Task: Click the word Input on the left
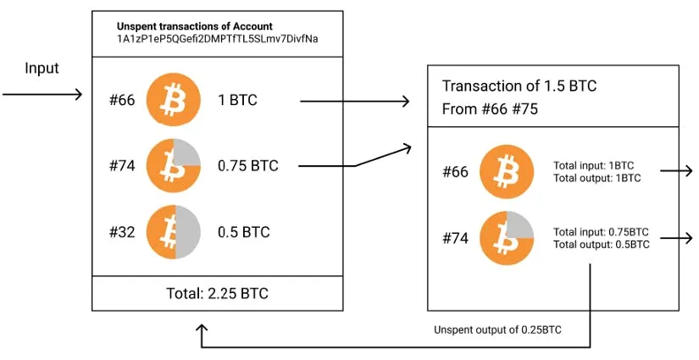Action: pos(42,69)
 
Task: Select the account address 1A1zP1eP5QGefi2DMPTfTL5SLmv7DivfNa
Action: pos(217,39)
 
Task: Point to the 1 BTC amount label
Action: pos(237,101)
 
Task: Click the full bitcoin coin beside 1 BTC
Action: pos(173,100)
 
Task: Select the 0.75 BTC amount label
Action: pos(247,166)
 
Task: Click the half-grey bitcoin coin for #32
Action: pos(173,231)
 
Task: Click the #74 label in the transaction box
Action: pos(455,239)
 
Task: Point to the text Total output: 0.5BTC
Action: pos(602,244)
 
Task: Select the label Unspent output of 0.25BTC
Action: pos(497,330)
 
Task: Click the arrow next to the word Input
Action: pos(42,94)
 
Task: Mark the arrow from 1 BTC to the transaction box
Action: pos(355,102)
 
